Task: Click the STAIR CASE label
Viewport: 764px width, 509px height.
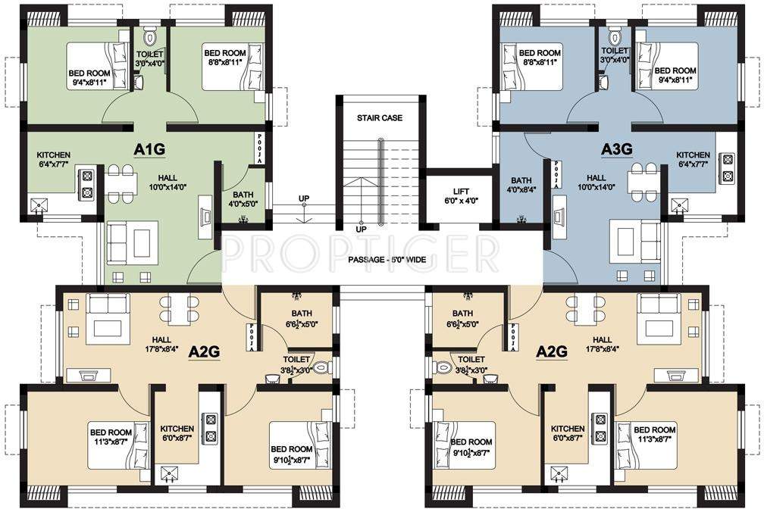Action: pos(380,118)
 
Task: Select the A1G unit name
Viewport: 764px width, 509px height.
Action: pos(149,150)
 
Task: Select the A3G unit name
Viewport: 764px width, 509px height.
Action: pos(616,150)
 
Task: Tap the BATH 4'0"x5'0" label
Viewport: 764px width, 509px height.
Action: pos(243,198)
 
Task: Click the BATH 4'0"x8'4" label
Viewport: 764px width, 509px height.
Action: pos(521,186)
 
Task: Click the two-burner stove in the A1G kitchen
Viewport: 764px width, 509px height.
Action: pos(86,182)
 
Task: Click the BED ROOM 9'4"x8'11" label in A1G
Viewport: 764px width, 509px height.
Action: pos(90,77)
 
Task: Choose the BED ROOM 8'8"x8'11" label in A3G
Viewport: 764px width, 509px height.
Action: pos(540,58)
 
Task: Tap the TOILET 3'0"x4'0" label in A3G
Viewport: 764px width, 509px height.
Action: pos(615,55)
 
